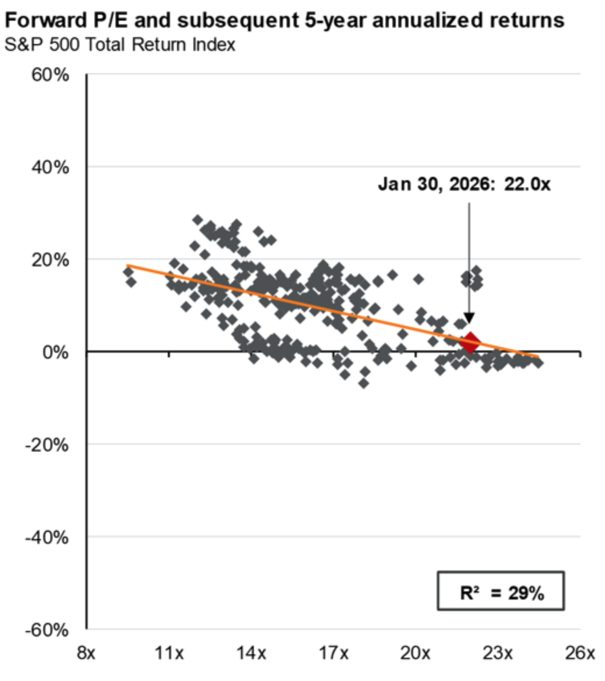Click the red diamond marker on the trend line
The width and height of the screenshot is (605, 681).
pyautogui.click(x=470, y=342)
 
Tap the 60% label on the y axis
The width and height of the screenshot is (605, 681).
pyautogui.click(x=50, y=75)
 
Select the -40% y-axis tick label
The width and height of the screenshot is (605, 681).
pyautogui.click(x=47, y=538)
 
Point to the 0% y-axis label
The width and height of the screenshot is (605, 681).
pyautogui.click(x=55, y=352)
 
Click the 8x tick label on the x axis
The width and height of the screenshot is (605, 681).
pyautogui.click(x=86, y=653)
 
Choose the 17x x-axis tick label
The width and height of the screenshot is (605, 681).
pyautogui.click(x=333, y=653)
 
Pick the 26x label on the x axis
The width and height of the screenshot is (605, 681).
pyautogui.click(x=580, y=653)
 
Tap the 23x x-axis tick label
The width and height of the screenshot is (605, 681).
pyautogui.click(x=497, y=653)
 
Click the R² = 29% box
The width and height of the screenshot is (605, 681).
pyautogui.click(x=501, y=591)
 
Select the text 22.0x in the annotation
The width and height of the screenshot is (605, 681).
pyautogui.click(x=527, y=184)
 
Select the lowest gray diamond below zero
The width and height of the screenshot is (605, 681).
pyautogui.click(x=363, y=383)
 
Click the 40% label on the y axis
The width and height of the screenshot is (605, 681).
pyautogui.click(x=50, y=167)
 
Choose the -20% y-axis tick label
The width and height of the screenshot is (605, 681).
pyautogui.click(x=47, y=445)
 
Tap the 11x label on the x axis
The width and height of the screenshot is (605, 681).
pyautogui.click(x=169, y=653)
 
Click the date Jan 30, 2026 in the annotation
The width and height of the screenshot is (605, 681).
pyautogui.click(x=434, y=184)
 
